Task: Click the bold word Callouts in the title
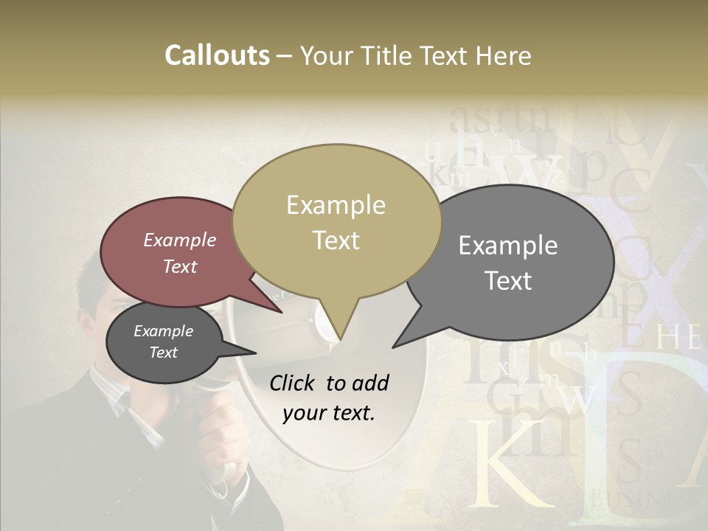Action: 217,55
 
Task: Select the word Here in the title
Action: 503,55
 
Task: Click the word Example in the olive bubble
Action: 336,205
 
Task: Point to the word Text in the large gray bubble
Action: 509,281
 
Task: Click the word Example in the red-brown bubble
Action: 179,240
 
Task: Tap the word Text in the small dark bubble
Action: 163,353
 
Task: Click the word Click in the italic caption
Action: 294,383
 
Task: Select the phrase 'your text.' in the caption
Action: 328,413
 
